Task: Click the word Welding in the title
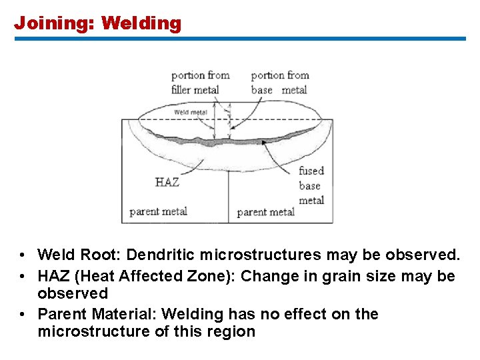coord(141,24)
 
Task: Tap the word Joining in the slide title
coord(54,24)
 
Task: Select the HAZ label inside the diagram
coord(167,181)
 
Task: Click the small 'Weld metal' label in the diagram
coord(191,112)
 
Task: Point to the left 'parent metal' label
coord(158,212)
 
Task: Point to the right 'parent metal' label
coord(265,213)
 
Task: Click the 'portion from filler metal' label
coord(200,82)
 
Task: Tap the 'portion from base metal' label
coord(279,82)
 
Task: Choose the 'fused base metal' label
coord(311,186)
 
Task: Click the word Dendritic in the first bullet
coord(161,255)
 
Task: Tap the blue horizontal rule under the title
coord(240,39)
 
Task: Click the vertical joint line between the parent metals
coord(229,193)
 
